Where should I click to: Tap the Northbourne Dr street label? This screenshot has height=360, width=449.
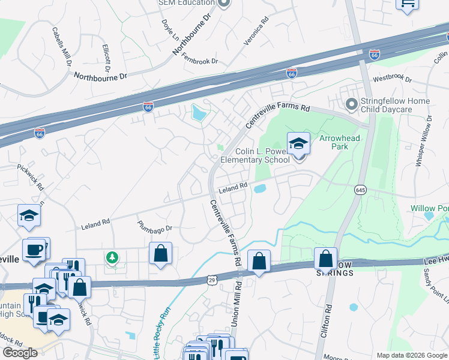[101, 76]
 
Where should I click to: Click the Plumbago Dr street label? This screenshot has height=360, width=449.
[154, 227]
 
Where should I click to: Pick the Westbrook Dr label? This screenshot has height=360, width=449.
[392, 79]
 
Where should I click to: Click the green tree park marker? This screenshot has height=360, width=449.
[111, 258]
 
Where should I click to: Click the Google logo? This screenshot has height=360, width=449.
[20, 352]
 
